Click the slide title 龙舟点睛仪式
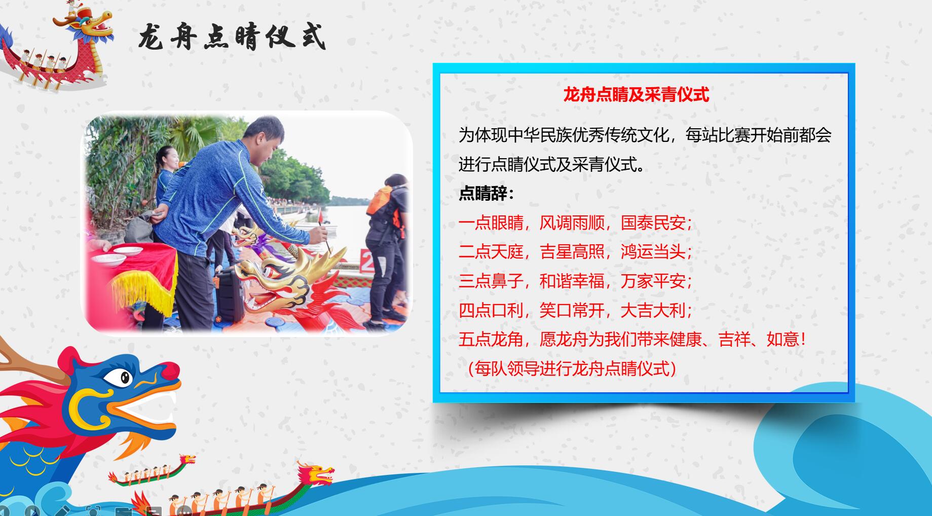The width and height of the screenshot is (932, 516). (232, 37)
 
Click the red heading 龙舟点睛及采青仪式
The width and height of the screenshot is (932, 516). (636, 94)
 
